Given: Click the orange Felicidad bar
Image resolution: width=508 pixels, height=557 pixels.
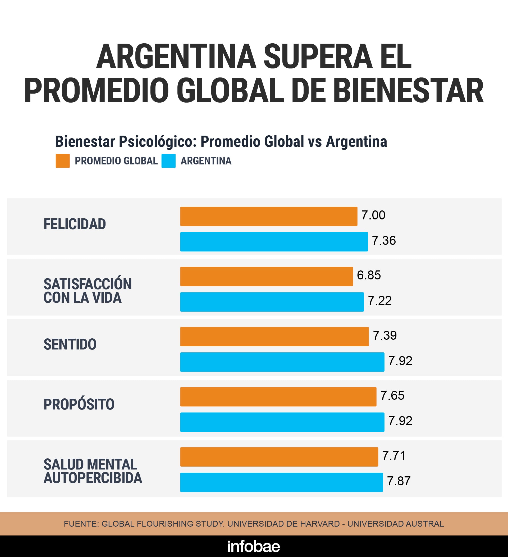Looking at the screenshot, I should [269, 216].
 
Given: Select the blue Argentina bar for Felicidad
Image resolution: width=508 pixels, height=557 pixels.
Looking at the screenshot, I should [274, 242].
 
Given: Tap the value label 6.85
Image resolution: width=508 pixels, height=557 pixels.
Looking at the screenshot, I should [369, 275].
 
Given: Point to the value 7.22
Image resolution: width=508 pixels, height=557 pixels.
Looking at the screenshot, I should [379, 301].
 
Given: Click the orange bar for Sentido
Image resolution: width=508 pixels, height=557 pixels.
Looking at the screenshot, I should [274, 337].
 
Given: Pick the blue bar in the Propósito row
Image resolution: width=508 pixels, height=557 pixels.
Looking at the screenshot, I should [282, 422].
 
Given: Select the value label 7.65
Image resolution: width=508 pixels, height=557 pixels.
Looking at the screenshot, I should [392, 395].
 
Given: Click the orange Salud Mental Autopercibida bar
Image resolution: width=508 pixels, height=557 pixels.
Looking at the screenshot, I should [279, 457].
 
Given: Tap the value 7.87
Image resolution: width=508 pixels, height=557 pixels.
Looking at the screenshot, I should [399, 481].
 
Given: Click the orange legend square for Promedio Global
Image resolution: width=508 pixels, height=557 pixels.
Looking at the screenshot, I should [63, 161].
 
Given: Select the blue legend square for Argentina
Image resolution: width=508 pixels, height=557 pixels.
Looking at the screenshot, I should [168, 161].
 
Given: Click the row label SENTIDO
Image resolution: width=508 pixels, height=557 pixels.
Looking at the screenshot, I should [70, 344].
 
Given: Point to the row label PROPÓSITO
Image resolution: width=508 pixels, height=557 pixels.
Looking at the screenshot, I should [79, 404].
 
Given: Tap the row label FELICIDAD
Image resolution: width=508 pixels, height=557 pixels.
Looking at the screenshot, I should [75, 224].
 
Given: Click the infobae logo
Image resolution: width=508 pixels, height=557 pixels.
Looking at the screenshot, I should [254, 546].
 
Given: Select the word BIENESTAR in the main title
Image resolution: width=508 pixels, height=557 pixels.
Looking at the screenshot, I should [408, 91].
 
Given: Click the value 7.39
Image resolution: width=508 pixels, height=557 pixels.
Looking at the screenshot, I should [385, 335].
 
